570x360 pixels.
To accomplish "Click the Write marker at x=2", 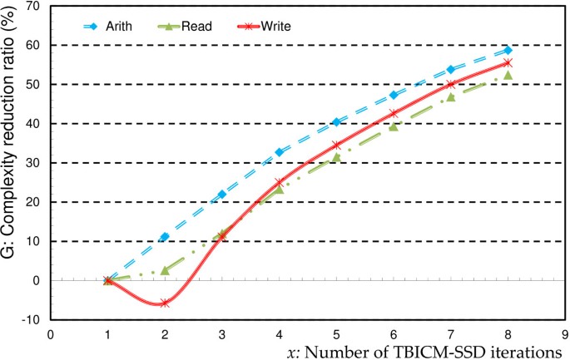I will [165, 303].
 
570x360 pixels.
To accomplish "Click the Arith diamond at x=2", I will [165, 237].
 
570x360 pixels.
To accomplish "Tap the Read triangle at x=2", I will [165, 270].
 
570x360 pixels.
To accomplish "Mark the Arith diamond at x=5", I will [336, 122].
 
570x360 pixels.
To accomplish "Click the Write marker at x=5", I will [336, 145].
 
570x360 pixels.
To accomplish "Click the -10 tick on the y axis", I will [36, 320].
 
